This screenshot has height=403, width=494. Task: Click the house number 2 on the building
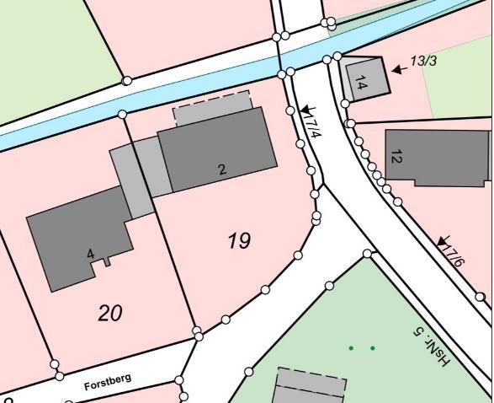point(222,169)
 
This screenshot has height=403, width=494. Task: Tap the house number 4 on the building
point(90,254)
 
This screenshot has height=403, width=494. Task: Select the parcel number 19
point(239,241)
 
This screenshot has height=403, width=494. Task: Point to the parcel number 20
point(110,314)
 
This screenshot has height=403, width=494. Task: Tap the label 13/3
point(423,62)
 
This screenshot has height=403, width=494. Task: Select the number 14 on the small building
point(361,83)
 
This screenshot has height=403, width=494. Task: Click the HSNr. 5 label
point(433,346)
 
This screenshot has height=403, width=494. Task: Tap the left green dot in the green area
point(352,347)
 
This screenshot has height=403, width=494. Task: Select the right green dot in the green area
point(373,347)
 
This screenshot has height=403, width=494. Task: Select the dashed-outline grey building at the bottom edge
point(311,388)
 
